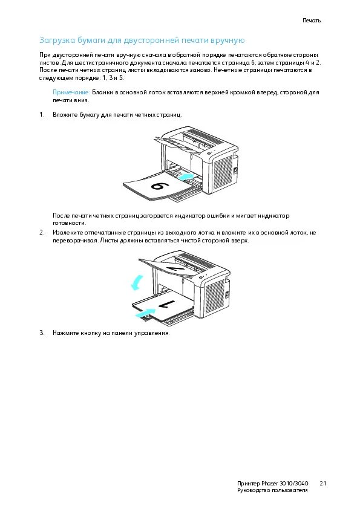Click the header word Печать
(312, 21)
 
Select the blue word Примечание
(71, 92)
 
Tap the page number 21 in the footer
(322, 484)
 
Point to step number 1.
(42, 115)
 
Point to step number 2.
(42, 233)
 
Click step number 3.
(42, 332)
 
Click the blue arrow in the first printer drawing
(186, 177)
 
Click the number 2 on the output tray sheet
(172, 265)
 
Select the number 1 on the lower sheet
(166, 304)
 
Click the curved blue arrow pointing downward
(137, 282)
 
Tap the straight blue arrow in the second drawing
(145, 313)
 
